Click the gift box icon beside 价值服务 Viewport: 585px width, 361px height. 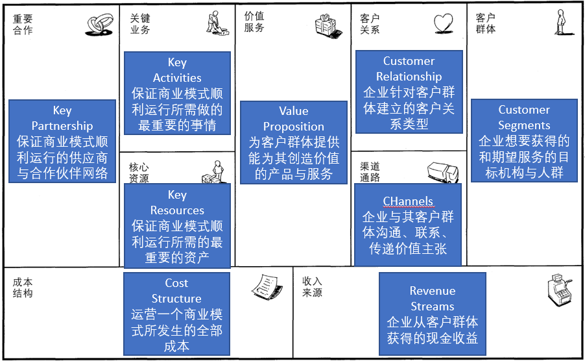328,25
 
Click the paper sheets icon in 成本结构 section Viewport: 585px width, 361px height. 265,285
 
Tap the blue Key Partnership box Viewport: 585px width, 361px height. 62,142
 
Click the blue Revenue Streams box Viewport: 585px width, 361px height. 432,314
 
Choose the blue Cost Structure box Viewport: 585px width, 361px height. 176,314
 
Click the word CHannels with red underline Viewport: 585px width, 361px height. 408,201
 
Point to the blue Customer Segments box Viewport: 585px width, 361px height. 524,140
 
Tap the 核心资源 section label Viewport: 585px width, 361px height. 139,172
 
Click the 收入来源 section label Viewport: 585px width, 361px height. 312,287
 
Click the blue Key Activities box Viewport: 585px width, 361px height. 176,93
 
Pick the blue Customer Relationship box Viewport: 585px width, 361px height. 409,92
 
